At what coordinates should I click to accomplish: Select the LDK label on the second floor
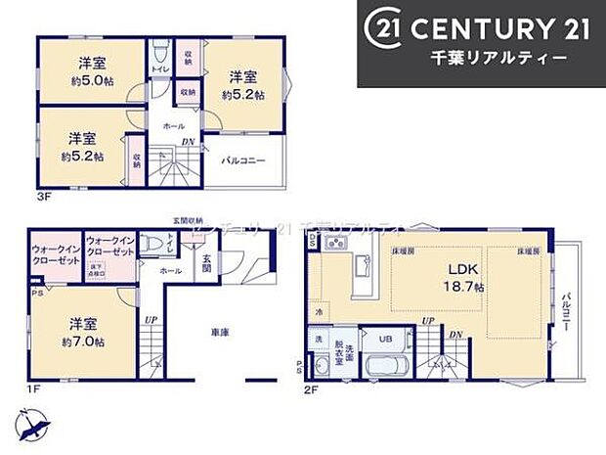461,271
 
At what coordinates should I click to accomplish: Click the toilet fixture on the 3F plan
159,51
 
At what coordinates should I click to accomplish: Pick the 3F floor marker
43,197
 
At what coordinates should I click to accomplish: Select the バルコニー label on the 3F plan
242,159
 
